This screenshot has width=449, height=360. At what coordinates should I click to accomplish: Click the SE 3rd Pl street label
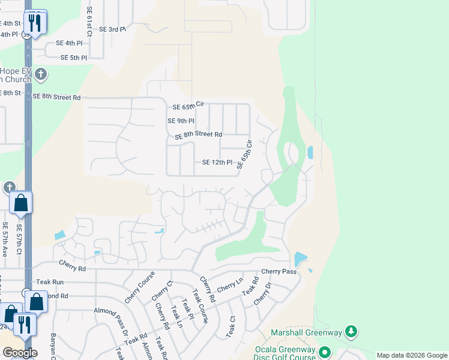(112, 29)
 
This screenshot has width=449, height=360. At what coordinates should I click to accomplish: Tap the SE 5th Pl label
(74, 58)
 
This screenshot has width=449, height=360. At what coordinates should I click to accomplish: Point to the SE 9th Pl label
(181, 121)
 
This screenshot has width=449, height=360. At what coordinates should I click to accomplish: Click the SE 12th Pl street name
(217, 162)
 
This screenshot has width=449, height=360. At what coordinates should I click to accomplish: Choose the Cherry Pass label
(279, 272)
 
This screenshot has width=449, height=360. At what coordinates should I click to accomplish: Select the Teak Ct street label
(231, 326)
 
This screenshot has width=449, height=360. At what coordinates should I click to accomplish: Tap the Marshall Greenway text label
(306, 332)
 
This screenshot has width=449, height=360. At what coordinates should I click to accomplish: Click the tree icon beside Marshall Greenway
(352, 332)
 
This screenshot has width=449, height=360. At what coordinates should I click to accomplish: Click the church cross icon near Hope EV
(41, 75)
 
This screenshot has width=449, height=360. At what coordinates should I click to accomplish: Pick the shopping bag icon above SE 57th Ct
(21, 203)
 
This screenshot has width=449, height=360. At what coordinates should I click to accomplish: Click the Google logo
(20, 353)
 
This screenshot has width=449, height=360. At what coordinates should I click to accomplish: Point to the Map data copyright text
(412, 355)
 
